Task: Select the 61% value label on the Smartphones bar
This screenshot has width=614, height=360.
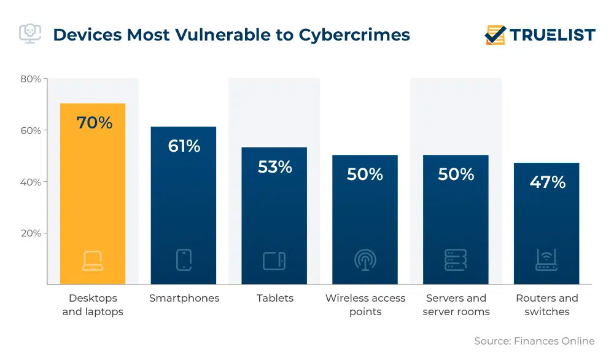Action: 184,146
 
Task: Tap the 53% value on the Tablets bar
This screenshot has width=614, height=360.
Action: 274,166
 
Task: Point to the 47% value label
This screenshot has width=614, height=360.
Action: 547,182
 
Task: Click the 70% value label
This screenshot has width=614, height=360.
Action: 94,123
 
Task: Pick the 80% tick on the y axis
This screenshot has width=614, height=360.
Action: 30,79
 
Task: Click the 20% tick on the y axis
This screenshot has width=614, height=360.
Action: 30,233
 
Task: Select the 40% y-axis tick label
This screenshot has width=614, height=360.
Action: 30,182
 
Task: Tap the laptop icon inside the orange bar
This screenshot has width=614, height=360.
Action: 93,260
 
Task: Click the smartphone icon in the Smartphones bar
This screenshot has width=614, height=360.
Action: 184,260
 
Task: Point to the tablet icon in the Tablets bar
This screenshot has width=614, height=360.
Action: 274,260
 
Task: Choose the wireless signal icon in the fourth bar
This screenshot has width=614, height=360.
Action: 365,260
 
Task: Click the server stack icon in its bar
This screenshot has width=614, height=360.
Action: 456,260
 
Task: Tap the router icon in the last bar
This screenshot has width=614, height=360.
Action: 546,260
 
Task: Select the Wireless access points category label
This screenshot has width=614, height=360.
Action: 365,305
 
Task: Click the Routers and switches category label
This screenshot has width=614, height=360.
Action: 546,305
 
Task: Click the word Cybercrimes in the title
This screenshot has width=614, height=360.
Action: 354,34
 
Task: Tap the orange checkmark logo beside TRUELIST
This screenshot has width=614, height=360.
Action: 495,35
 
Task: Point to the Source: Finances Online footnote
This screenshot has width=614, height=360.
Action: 534,341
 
